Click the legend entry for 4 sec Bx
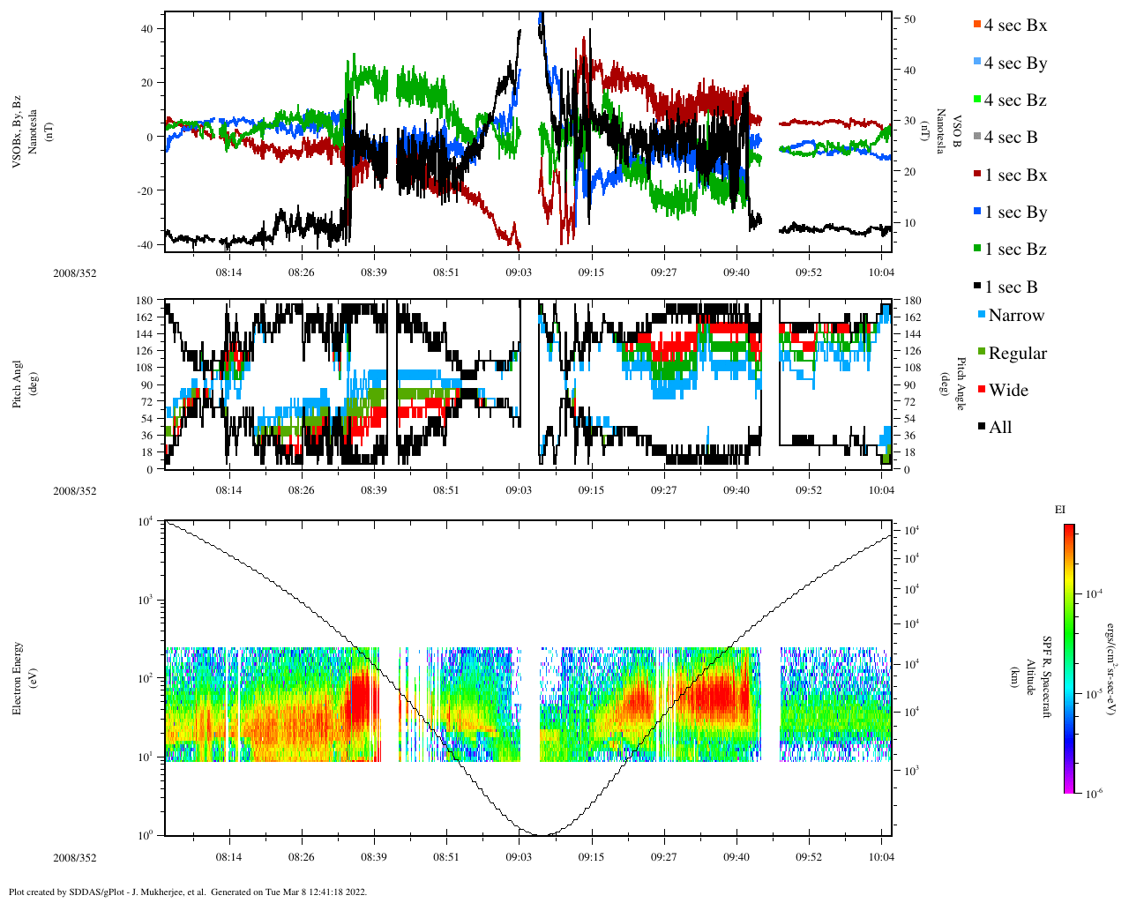click(x=1015, y=26)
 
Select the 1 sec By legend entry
click(x=1015, y=213)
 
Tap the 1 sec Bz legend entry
click(x=1015, y=250)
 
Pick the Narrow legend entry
click(x=1015, y=316)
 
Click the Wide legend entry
click(x=1007, y=391)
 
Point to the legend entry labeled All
click(x=999, y=428)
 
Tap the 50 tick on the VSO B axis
click(x=909, y=19)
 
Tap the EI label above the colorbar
click(x=1060, y=510)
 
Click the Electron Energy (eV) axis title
click(x=19, y=678)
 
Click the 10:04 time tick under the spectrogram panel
click(x=881, y=857)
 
